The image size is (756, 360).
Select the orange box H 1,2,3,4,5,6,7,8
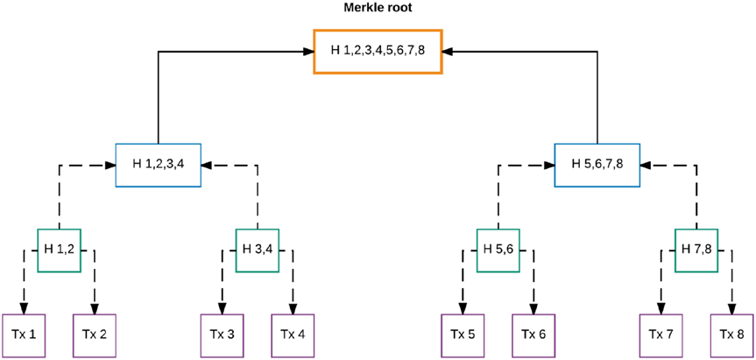(x=378, y=51)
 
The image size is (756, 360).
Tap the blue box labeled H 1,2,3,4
(x=159, y=164)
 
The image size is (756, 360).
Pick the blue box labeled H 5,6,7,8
(x=597, y=164)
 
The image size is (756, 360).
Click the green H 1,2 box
(x=60, y=249)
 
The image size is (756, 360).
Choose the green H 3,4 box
(x=258, y=249)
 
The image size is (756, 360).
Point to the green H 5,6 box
(x=498, y=249)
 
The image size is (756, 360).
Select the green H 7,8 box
(x=696, y=249)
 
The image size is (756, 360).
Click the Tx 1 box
(x=25, y=334)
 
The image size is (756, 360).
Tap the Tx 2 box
(x=95, y=334)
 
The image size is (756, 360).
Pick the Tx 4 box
(x=293, y=334)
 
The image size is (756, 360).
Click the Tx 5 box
(x=463, y=334)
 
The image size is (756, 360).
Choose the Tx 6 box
(x=534, y=334)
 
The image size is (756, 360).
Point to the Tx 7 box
(x=661, y=334)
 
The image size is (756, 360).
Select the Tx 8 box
(x=732, y=334)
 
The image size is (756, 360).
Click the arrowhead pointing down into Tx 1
(x=25, y=307)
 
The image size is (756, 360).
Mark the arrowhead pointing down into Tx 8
(x=732, y=307)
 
